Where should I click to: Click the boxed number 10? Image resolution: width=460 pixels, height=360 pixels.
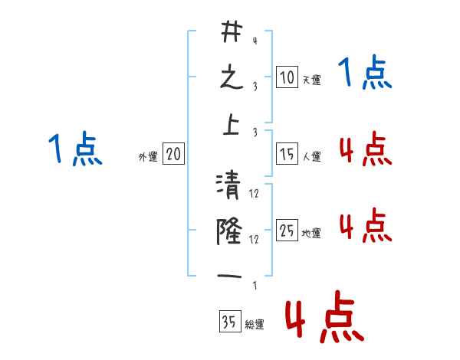[x=287, y=78]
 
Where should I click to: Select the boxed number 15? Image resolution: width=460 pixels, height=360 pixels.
[x=287, y=155]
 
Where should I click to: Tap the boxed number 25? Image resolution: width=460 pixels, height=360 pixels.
[x=287, y=231]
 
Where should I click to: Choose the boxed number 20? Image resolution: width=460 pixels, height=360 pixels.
[x=172, y=155]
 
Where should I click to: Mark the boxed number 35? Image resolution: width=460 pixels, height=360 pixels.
[x=229, y=322]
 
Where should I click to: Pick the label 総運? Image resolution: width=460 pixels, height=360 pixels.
[x=254, y=325]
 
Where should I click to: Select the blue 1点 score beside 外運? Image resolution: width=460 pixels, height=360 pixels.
[x=75, y=149]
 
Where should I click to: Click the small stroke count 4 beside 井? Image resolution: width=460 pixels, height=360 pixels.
[x=255, y=41]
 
